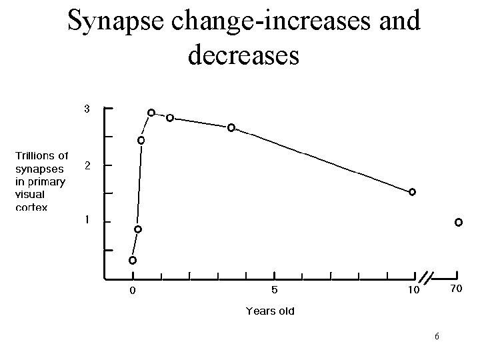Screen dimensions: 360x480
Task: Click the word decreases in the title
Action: click(243, 55)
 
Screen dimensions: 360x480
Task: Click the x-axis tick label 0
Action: click(133, 291)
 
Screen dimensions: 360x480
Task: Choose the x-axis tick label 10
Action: click(413, 291)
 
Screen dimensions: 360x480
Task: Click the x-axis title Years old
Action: click(270, 311)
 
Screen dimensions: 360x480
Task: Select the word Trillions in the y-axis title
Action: click(41, 155)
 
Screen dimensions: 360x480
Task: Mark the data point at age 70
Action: click(459, 222)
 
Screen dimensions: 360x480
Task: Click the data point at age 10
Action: click(412, 192)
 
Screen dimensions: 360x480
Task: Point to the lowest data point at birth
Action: click(133, 260)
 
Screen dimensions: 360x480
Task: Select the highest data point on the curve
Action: click(151, 113)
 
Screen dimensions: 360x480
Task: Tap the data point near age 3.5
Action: click(231, 127)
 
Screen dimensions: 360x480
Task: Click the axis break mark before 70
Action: click(427, 276)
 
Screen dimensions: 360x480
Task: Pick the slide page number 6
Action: click(436, 335)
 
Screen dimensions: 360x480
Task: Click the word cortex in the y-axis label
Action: click(31, 207)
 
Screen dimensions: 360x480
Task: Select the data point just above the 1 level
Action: click(137, 229)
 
